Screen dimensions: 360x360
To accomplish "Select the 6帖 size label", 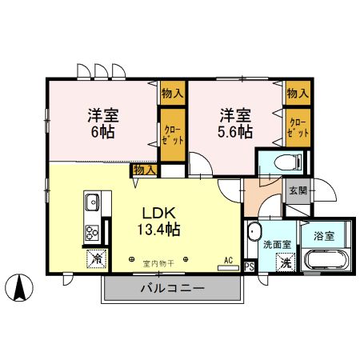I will pyautogui.click(x=101, y=130).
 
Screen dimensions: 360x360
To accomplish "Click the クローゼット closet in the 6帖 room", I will pyautogui.click(x=172, y=133).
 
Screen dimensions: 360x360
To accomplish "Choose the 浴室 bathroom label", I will pyautogui.click(x=323, y=238).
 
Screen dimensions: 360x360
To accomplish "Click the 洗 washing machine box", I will pyautogui.click(x=285, y=261).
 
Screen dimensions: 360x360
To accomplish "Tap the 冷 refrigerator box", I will pyautogui.click(x=95, y=259).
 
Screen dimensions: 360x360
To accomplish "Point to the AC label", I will pyautogui.click(x=228, y=260).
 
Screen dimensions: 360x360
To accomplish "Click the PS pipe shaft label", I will pyautogui.click(x=249, y=266).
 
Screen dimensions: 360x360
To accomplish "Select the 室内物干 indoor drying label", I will pyautogui.click(x=158, y=262).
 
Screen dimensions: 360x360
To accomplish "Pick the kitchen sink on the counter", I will pyautogui.click(x=91, y=201).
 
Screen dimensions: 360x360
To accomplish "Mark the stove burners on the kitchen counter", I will pyautogui.click(x=91, y=234).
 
